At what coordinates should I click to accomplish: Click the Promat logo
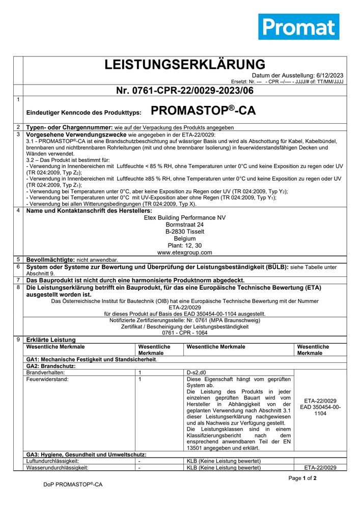(x=298, y=26)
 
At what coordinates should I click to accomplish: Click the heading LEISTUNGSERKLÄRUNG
(x=185, y=65)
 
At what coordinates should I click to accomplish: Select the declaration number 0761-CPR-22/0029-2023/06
(x=185, y=91)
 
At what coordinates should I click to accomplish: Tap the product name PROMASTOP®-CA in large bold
(x=203, y=111)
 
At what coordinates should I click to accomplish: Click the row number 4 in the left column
(x=18, y=210)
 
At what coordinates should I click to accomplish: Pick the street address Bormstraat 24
(x=185, y=224)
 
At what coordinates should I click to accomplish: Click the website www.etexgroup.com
(x=185, y=252)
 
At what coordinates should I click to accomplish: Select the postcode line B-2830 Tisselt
(x=185, y=232)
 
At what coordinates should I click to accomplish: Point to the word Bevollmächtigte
(x=50, y=259)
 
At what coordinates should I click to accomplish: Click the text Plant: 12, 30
(x=185, y=245)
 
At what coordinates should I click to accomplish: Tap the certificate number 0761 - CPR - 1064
(x=185, y=333)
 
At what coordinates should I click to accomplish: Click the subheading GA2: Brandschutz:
(x=50, y=366)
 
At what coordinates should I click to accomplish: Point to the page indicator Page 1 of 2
(x=302, y=478)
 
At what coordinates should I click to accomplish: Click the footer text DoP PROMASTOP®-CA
(x=73, y=485)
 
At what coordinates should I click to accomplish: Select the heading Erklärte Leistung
(x=51, y=340)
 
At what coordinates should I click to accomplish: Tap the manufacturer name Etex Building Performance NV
(x=185, y=217)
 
